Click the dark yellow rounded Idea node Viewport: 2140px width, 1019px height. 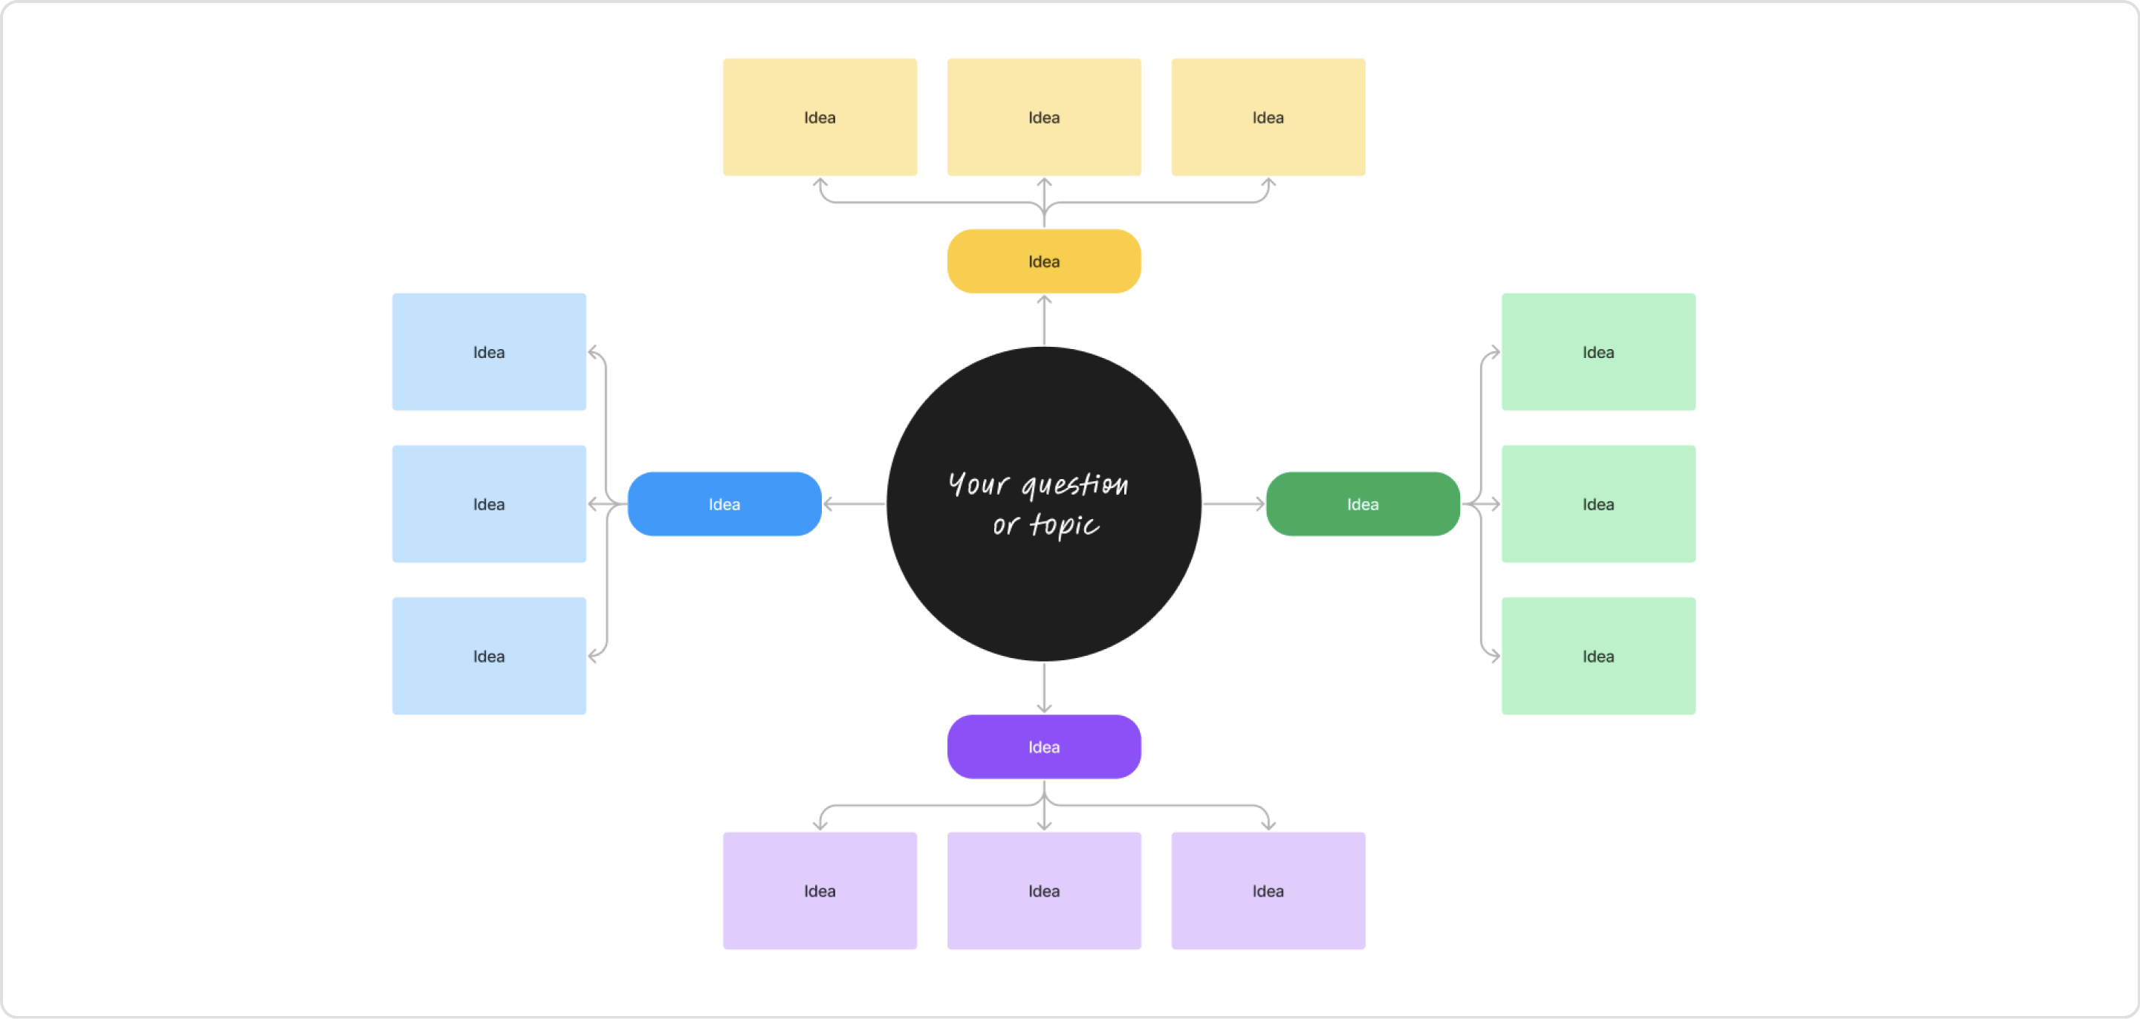click(1043, 261)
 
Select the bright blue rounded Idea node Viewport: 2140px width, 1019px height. click(724, 504)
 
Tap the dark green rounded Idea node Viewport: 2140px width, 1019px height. click(1363, 504)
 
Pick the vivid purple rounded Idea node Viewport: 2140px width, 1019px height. click(1043, 746)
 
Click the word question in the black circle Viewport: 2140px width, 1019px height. click(1074, 485)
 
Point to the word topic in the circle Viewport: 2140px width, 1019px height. click(1064, 525)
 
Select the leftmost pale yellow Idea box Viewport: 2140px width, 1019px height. click(819, 117)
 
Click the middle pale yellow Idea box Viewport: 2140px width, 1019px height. click(1043, 117)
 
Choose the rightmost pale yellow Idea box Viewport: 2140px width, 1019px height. click(1268, 117)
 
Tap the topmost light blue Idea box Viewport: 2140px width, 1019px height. click(488, 352)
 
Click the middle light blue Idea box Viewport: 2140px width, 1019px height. click(488, 504)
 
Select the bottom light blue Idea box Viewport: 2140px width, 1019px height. click(488, 656)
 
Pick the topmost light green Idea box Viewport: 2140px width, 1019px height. click(1598, 352)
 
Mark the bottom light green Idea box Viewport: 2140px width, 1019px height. click(1598, 656)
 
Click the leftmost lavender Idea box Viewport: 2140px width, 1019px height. click(819, 891)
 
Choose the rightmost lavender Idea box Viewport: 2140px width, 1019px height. click(1268, 891)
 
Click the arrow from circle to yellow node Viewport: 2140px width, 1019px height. click(1044, 321)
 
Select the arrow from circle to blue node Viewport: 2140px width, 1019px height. click(854, 504)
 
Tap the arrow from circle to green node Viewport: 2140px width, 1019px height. click(1233, 504)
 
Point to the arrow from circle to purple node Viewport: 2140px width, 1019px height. click(1044, 688)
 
